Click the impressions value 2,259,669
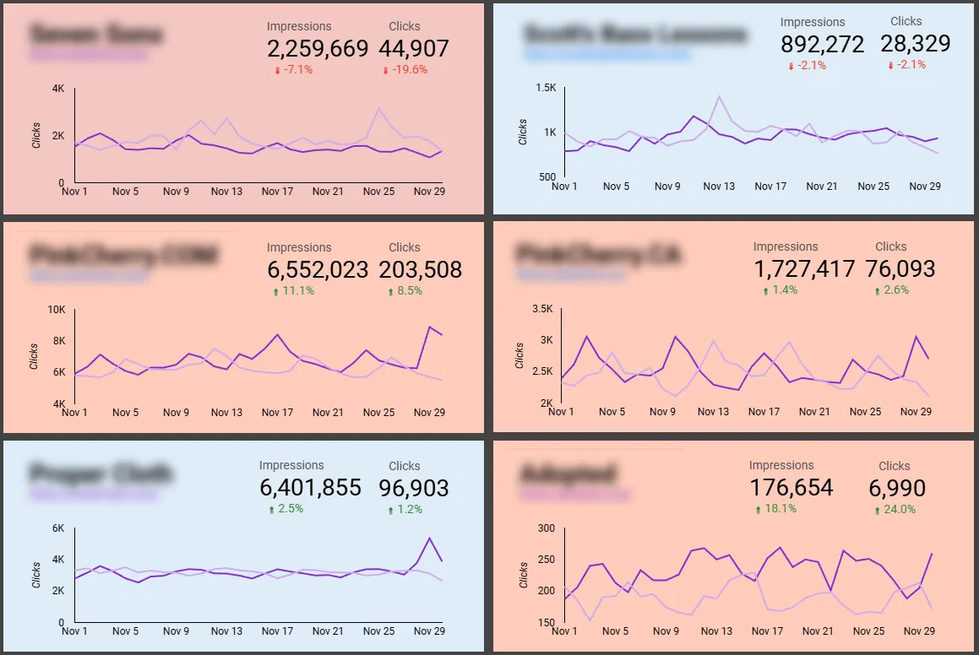click(318, 49)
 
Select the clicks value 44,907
click(414, 49)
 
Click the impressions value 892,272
click(822, 44)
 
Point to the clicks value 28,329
click(915, 43)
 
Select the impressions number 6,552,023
click(318, 269)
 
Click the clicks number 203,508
click(421, 269)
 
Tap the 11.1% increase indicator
click(294, 291)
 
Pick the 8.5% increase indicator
click(405, 291)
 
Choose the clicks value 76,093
click(900, 268)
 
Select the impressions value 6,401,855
click(310, 487)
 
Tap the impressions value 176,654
click(791, 487)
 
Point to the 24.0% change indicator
click(896, 509)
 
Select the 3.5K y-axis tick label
click(541, 310)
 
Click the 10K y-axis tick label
click(57, 310)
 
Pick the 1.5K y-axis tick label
click(546, 88)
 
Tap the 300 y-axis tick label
click(547, 528)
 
